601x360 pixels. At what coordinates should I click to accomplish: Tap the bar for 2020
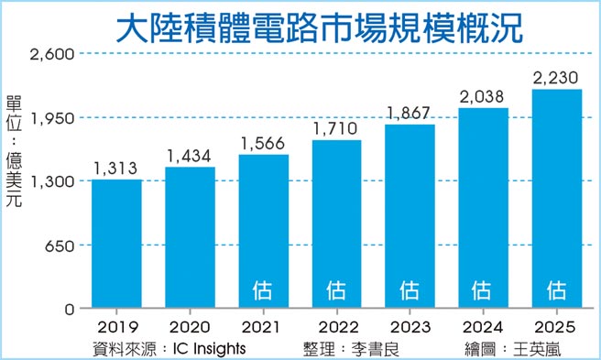click(x=190, y=238)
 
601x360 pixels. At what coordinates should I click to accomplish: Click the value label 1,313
click(x=116, y=168)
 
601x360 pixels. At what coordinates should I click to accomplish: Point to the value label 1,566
click(x=263, y=143)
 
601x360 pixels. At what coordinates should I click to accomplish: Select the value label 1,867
click(x=410, y=113)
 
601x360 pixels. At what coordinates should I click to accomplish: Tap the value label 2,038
click(x=483, y=96)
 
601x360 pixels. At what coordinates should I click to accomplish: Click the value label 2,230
click(x=556, y=77)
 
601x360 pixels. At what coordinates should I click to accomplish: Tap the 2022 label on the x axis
click(x=336, y=327)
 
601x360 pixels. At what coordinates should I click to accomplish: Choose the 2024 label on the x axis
click(x=483, y=327)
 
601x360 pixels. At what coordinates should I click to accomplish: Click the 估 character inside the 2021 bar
click(x=263, y=290)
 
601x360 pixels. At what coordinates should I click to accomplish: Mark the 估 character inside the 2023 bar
click(x=410, y=290)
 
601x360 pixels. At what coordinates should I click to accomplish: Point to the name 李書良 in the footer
click(x=377, y=347)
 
